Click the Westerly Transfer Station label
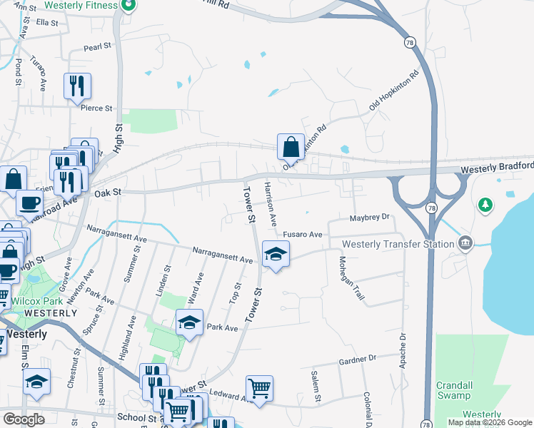pos(398,244)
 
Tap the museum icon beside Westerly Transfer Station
pos(466,243)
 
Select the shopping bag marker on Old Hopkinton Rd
pos(291,148)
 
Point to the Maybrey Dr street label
pos(371,217)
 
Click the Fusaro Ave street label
pos(303,234)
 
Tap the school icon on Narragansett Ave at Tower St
pos(276,253)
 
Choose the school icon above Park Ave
pos(189,323)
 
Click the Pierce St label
pos(97,108)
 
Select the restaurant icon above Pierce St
pos(77,86)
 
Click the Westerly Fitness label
pos(81,6)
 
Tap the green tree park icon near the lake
pos(486,205)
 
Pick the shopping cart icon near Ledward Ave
pos(259,389)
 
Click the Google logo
pos(24,419)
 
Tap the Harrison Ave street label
pos(270,204)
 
